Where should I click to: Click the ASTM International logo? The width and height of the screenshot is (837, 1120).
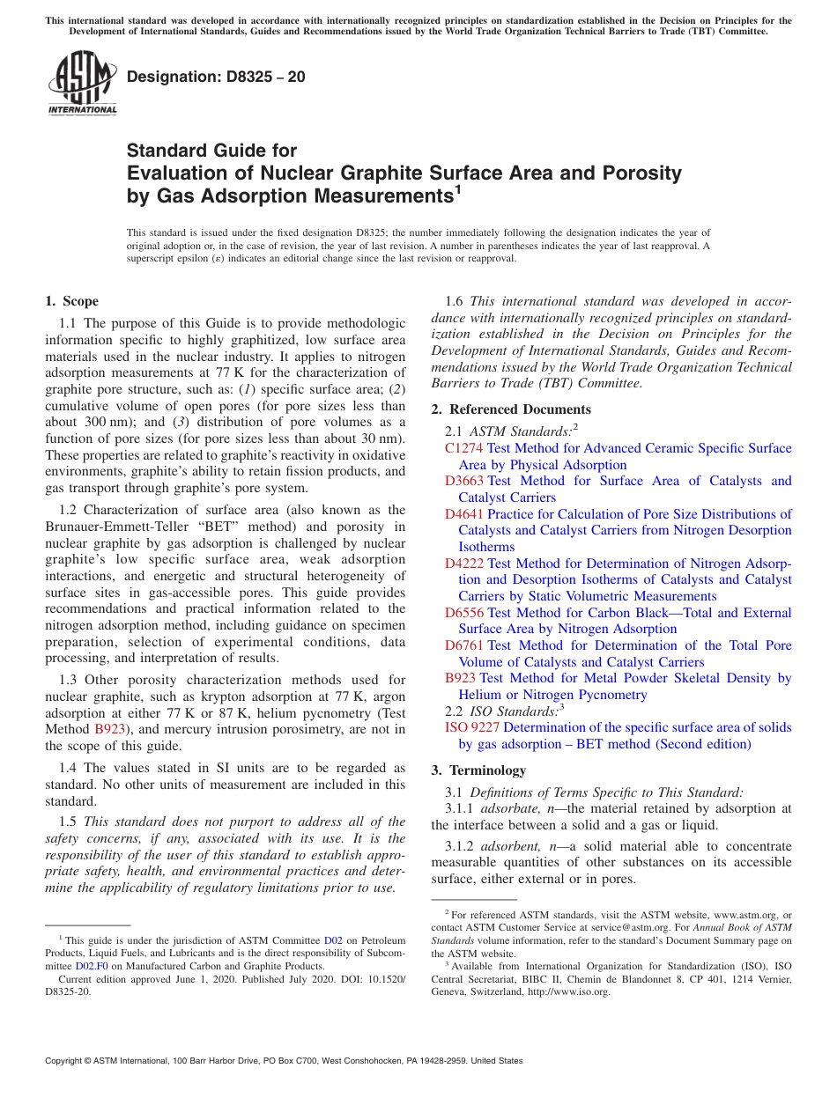click(x=82, y=83)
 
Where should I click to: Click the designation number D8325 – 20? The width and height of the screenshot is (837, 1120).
click(x=216, y=77)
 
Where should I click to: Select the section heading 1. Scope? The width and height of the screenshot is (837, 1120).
click(x=72, y=301)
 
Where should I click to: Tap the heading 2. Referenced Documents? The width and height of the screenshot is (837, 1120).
click(x=511, y=409)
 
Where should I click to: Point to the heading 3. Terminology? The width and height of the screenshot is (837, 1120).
click(x=478, y=770)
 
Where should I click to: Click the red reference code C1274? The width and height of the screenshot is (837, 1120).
click(x=463, y=448)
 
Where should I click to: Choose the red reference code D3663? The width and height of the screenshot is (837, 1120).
click(x=463, y=481)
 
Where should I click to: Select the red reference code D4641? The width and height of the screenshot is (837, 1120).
click(x=463, y=514)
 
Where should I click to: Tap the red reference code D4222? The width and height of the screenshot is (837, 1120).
click(x=463, y=564)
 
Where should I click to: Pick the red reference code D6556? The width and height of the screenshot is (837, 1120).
click(x=463, y=613)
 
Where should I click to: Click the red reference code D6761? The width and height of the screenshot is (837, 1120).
click(x=463, y=645)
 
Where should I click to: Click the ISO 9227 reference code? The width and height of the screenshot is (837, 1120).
click(x=472, y=727)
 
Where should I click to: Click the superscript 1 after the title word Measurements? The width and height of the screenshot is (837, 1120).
click(x=457, y=189)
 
